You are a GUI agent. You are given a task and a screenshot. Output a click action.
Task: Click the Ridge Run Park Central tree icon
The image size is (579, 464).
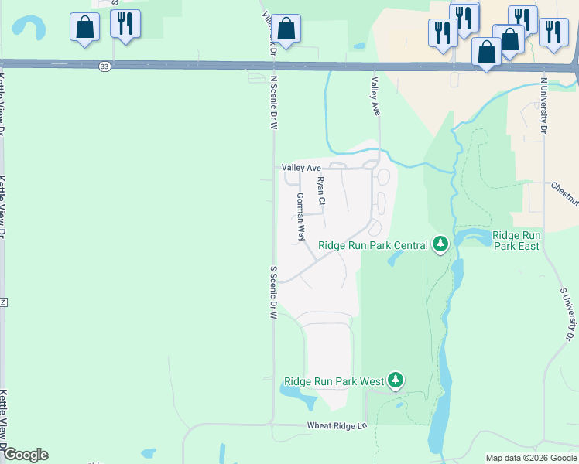[440, 245]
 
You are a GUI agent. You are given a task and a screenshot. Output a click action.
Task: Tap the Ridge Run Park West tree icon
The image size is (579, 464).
[396, 380]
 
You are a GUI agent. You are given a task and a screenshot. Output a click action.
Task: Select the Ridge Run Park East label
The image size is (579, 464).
[516, 240]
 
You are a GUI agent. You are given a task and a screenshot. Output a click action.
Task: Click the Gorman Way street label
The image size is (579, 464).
[300, 217]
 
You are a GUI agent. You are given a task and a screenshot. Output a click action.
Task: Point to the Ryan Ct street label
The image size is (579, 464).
[321, 191]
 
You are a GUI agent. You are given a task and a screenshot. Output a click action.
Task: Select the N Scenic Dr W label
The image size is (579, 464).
[273, 101]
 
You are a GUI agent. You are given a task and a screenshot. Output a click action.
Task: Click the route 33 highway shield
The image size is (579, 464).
[104, 67]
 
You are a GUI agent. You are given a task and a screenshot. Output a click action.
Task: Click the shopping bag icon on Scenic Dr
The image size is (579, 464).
[286, 29]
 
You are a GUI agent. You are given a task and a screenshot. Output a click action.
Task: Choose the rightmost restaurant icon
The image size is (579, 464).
[553, 32]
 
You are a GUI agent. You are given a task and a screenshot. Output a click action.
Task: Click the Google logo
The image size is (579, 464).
[25, 455]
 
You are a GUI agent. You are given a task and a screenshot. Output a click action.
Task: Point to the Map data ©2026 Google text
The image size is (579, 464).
[531, 458]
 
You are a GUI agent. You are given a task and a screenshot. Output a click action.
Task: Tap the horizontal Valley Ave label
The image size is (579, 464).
[301, 168]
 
